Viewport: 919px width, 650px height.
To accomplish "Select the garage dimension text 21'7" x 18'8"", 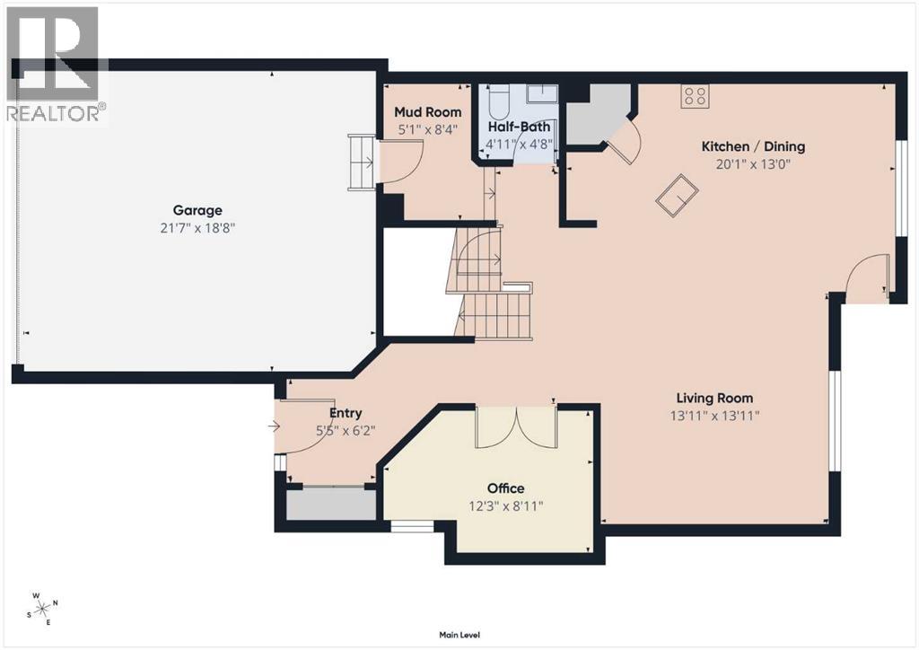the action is tap(197, 227).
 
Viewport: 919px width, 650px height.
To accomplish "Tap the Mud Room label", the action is tap(428, 112).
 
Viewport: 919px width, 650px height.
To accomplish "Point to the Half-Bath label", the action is tap(520, 127).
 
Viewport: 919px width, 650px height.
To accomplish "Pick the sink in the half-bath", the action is tap(541, 93).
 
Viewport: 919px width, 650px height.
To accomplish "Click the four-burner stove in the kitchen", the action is tap(696, 96).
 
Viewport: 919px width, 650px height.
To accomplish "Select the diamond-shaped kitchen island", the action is tap(677, 196).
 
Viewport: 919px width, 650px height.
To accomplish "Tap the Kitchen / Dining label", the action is tap(753, 146).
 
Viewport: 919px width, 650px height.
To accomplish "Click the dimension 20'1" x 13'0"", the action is tap(753, 164).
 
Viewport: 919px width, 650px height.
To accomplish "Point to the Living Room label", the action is tap(714, 399).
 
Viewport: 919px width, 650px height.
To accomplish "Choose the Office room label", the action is tap(506, 488).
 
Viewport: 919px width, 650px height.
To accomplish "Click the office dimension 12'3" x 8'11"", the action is tap(506, 505).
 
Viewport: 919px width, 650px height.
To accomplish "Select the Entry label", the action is tap(346, 413).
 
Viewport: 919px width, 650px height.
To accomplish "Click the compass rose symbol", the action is tap(43, 610).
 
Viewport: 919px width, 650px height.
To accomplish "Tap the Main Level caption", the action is tap(459, 635).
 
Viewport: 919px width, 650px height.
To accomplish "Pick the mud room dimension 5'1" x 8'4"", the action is tap(428, 129).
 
